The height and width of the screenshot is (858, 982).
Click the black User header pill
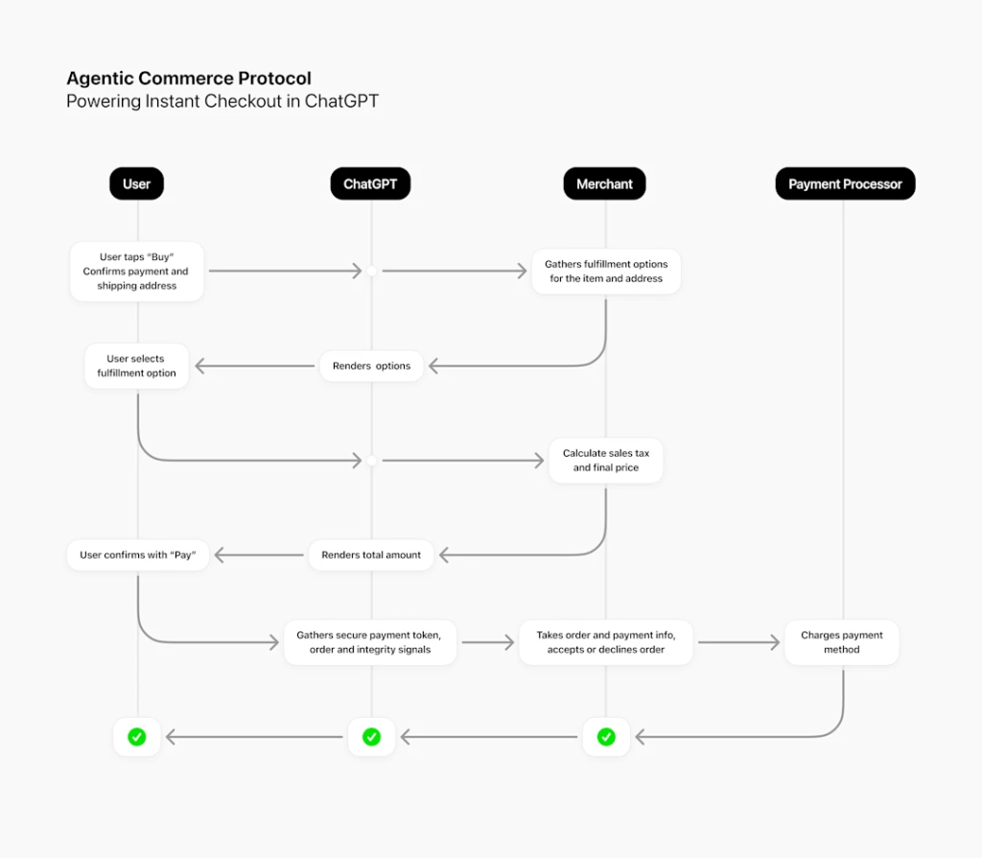tap(136, 183)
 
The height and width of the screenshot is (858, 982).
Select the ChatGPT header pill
tap(370, 183)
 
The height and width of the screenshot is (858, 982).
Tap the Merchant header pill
tap(604, 183)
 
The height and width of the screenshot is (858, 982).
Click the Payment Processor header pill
tap(845, 183)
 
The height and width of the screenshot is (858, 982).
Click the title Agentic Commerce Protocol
tap(188, 79)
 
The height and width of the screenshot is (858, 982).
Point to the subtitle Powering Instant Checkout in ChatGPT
tap(222, 102)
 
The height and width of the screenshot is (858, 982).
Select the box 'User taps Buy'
tap(136, 272)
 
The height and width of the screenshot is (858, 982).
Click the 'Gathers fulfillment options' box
tap(606, 272)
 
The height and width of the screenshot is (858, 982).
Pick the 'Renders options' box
tap(371, 366)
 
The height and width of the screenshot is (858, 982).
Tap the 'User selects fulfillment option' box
tap(136, 366)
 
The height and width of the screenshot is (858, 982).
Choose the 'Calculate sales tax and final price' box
tap(606, 461)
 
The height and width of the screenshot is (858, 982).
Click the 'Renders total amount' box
tap(371, 555)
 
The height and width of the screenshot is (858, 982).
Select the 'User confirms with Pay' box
tap(138, 555)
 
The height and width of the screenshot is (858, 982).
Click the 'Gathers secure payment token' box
tap(370, 642)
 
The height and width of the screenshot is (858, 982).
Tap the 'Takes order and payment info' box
tap(606, 642)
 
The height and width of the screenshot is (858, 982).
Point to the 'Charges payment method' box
tap(842, 642)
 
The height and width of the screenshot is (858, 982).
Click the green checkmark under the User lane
tap(137, 737)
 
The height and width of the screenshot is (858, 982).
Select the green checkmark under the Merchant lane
tap(606, 737)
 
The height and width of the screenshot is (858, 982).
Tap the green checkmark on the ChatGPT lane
tap(371, 737)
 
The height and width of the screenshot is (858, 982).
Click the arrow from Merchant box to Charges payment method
tap(738, 642)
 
